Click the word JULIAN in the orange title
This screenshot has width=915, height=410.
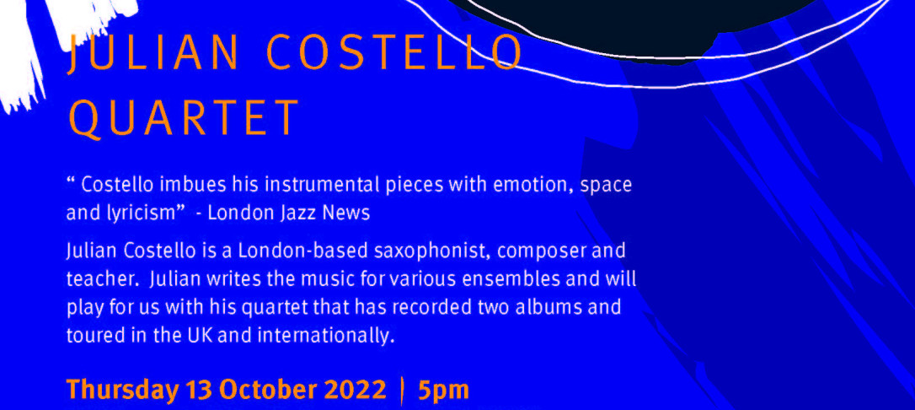[x=152, y=53]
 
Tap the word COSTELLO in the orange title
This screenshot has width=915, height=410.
[x=394, y=52]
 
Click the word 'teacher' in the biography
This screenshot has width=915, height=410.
[x=102, y=280]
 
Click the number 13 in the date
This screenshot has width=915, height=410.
[x=197, y=390]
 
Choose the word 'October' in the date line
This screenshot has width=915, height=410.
[x=263, y=390]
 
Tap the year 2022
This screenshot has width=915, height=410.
[x=352, y=390]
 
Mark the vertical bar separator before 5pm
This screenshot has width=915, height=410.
[x=402, y=391]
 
